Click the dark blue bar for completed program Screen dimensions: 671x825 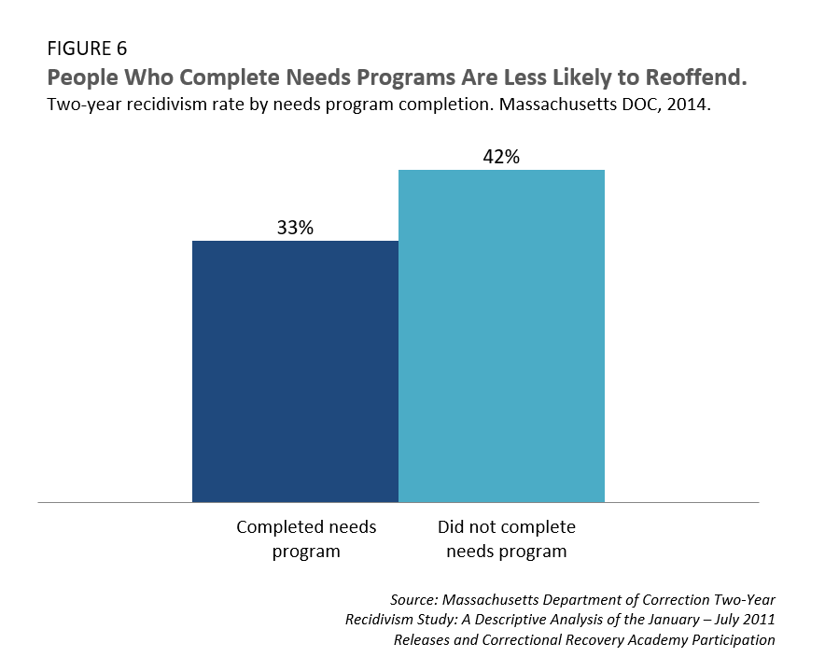pyautogui.click(x=295, y=371)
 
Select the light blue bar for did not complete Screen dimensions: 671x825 pyautogui.click(x=501, y=336)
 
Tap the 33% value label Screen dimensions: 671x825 pyautogui.click(x=295, y=227)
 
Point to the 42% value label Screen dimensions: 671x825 pyautogui.click(x=501, y=157)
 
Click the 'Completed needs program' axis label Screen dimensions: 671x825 pyautogui.click(x=306, y=539)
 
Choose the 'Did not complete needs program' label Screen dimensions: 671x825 pyautogui.click(x=506, y=539)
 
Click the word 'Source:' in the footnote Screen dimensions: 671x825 pyautogui.click(x=418, y=599)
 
